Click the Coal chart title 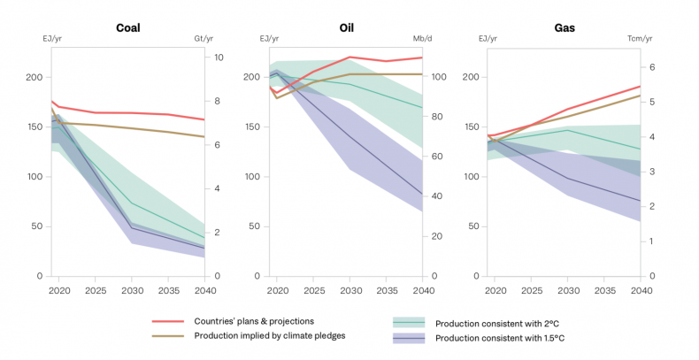128,27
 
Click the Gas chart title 565,27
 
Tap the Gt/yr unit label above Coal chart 205,38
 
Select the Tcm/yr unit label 639,38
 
